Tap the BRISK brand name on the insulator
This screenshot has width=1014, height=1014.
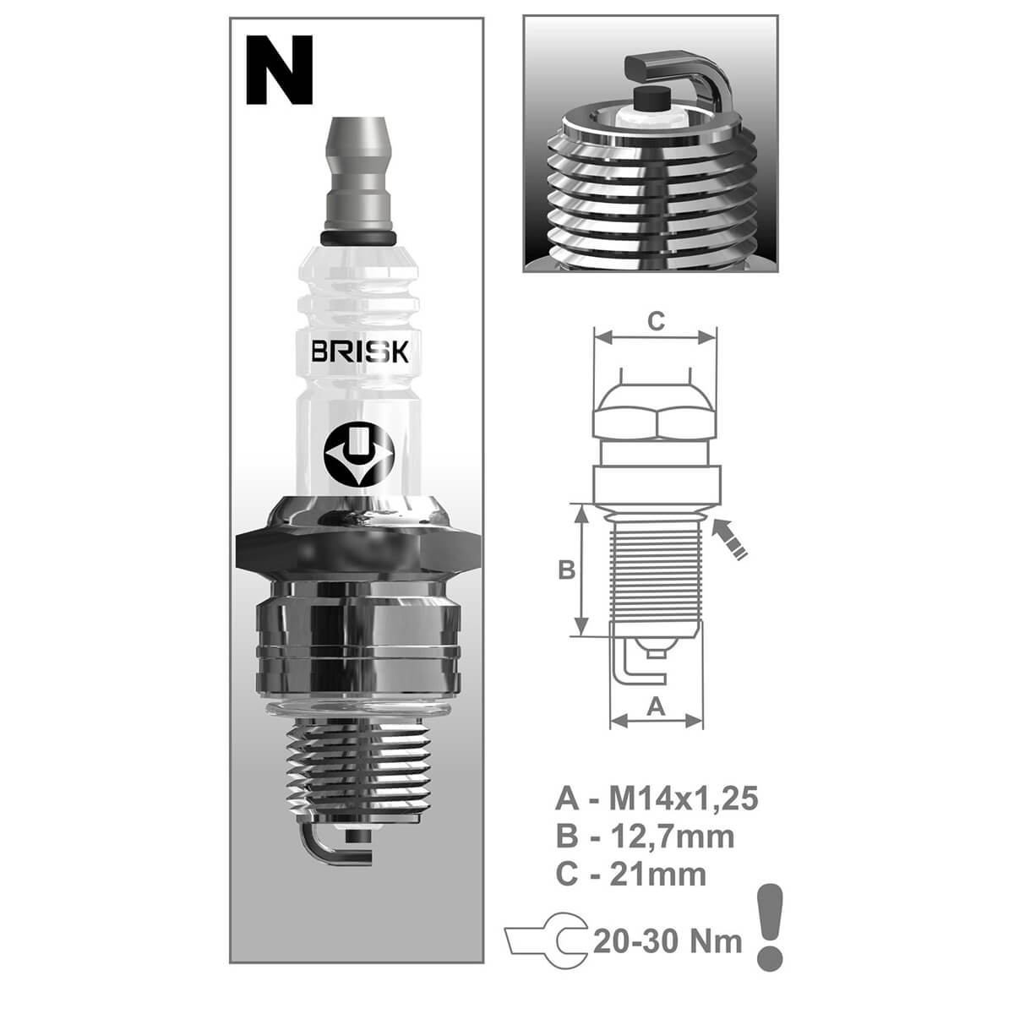tap(359, 352)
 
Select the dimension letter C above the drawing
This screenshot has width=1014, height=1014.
tap(656, 320)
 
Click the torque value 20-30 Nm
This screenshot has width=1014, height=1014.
tap(668, 940)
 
